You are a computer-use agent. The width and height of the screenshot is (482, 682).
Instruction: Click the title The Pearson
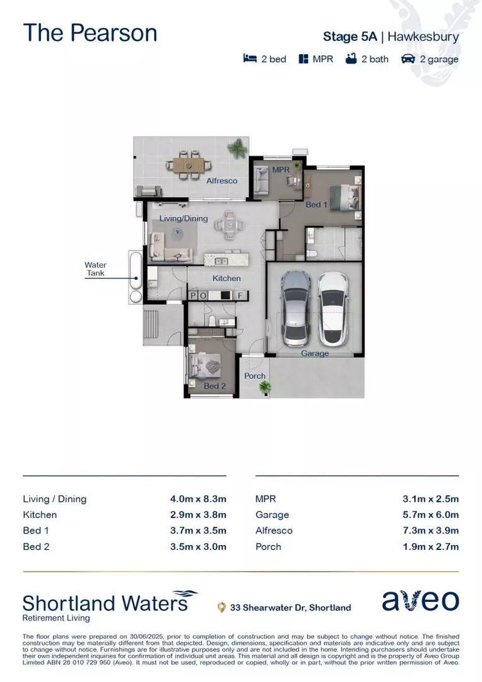click(x=90, y=33)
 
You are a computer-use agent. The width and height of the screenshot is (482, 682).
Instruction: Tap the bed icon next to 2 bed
click(x=250, y=59)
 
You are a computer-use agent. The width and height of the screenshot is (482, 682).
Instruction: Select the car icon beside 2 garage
click(x=408, y=59)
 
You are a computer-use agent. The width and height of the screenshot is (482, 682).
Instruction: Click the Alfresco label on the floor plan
click(x=222, y=181)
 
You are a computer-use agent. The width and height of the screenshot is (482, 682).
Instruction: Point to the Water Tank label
click(x=96, y=269)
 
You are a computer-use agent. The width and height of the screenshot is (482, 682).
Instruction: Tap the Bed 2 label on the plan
click(x=215, y=386)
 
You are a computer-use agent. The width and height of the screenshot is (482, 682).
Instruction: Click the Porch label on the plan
click(x=255, y=376)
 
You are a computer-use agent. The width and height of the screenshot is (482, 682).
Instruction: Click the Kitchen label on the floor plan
click(x=226, y=278)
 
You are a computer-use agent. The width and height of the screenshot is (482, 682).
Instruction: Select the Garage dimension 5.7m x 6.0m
click(x=430, y=515)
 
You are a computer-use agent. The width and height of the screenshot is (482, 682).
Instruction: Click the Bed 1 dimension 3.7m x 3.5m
click(x=197, y=530)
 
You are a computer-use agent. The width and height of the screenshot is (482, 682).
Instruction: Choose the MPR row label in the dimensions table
click(x=266, y=499)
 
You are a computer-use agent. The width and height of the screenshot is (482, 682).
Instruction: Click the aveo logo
click(x=420, y=601)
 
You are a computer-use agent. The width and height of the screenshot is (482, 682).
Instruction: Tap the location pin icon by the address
click(x=221, y=607)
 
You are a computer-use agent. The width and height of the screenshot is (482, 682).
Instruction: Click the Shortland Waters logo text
click(x=105, y=602)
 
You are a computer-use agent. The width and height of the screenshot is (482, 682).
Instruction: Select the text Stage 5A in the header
click(x=350, y=37)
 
